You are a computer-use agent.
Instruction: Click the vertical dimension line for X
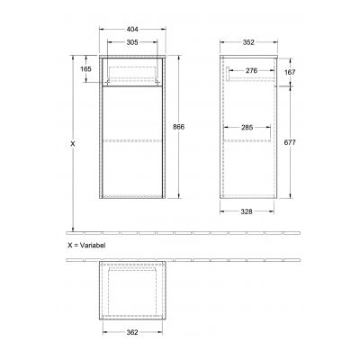pos(73,180)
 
